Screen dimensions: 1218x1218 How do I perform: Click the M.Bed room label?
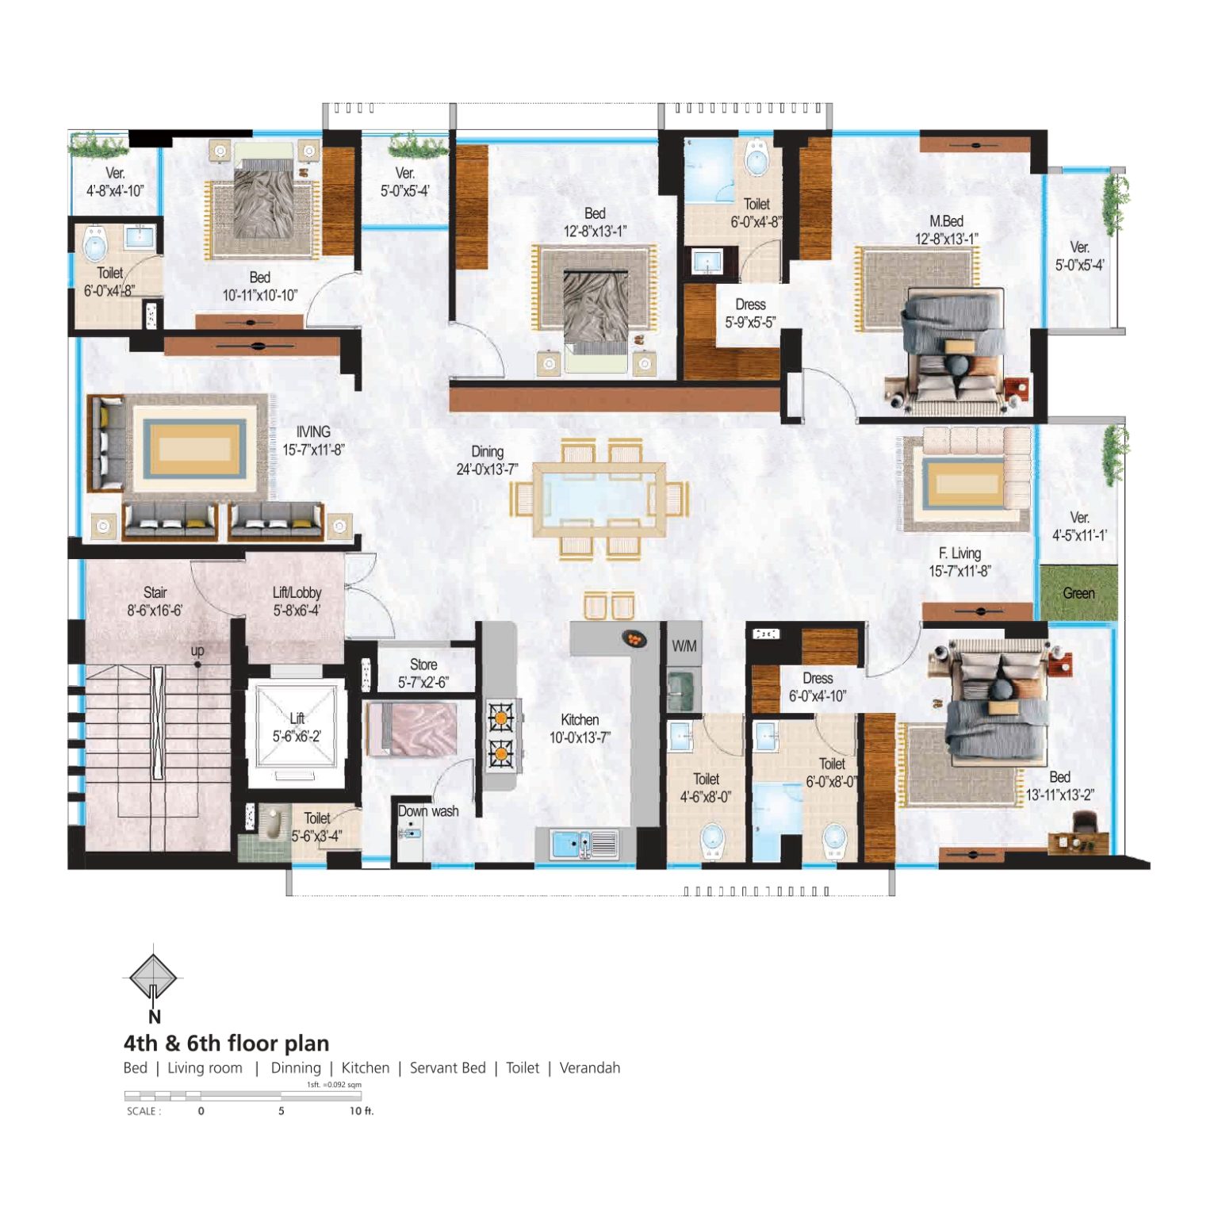point(946,221)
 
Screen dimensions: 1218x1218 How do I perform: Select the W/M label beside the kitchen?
point(684,645)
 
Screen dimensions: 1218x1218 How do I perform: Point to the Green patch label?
point(1078,593)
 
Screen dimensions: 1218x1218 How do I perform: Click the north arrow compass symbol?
point(153,978)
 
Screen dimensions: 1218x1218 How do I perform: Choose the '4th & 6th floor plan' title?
point(226,1043)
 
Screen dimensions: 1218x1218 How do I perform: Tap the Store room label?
point(423,665)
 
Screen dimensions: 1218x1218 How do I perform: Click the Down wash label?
point(428,810)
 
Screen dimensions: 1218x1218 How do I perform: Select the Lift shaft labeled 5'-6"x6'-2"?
point(297,733)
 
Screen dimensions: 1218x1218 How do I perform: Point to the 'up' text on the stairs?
point(197,650)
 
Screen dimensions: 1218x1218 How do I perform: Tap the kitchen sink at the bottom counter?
point(585,844)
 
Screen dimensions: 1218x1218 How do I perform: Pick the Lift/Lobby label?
point(297,592)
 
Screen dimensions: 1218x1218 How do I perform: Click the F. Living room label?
point(959,553)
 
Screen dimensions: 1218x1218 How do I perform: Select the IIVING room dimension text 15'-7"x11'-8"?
point(313,450)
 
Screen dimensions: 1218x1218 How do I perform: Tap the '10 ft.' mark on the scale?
point(362,1111)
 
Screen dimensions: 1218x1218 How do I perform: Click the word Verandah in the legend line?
point(590,1068)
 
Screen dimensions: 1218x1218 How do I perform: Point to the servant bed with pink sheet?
point(412,729)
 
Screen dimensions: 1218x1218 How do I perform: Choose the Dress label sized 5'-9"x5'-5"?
point(750,304)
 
